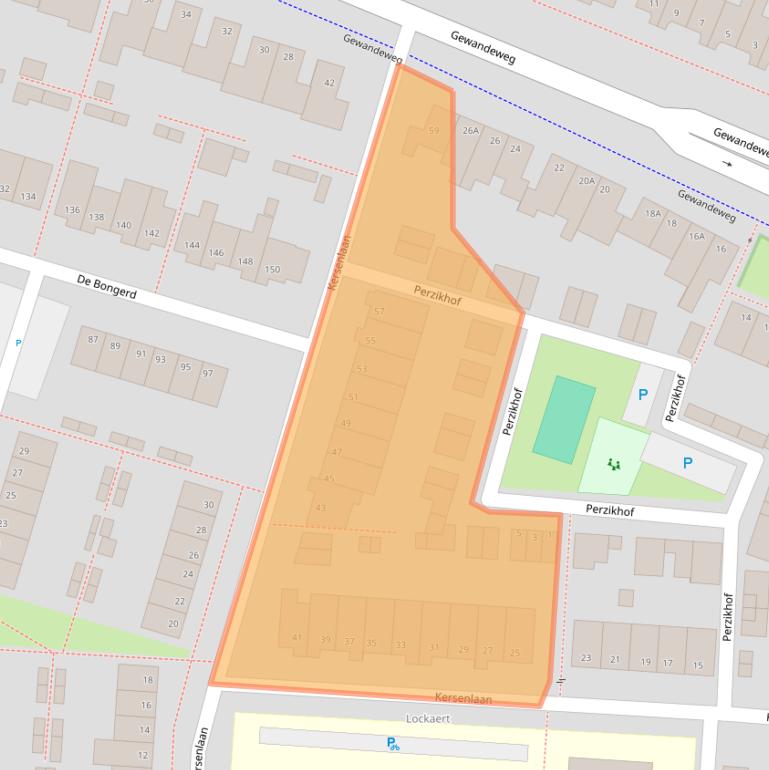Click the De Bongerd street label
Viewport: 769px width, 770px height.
106,288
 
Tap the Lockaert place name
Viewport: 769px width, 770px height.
430,718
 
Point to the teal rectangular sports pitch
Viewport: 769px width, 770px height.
563,420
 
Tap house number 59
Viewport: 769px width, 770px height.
433,131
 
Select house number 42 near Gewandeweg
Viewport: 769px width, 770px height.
329,83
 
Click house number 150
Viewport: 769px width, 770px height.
272,269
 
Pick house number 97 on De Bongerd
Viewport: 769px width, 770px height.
208,373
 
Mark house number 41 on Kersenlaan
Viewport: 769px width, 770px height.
297,637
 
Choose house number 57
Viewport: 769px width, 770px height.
379,312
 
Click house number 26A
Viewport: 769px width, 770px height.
470,131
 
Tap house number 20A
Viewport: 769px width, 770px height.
586,180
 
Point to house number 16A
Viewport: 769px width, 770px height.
696,236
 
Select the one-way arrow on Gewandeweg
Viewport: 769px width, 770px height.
727,163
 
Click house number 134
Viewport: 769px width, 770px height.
28,196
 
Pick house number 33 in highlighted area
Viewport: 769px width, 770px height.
401,645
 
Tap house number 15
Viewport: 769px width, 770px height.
697,664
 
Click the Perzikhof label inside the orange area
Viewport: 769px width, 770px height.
437,293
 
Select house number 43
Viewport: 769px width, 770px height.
321,508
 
